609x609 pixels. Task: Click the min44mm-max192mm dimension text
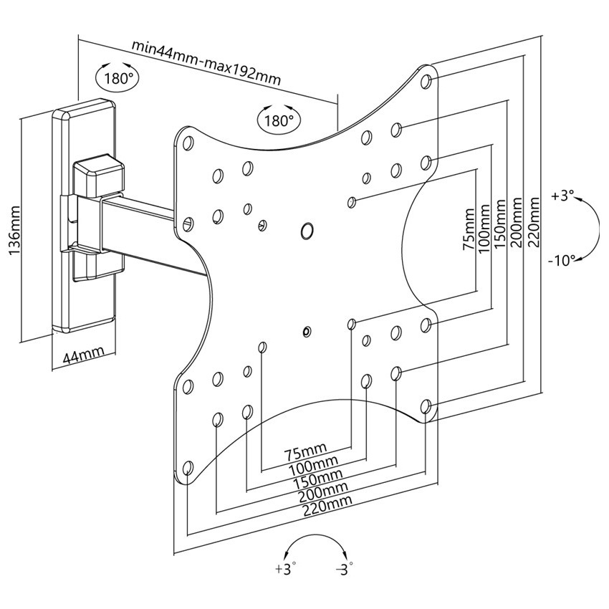pos(206,62)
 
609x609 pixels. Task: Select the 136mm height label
pos(14,231)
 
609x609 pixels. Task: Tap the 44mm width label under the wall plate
pos(84,354)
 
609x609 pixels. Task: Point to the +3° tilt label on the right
pos(562,196)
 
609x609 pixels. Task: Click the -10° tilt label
pos(561,260)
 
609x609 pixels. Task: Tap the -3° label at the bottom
pos(344,570)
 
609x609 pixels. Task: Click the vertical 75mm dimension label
pos(469,229)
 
